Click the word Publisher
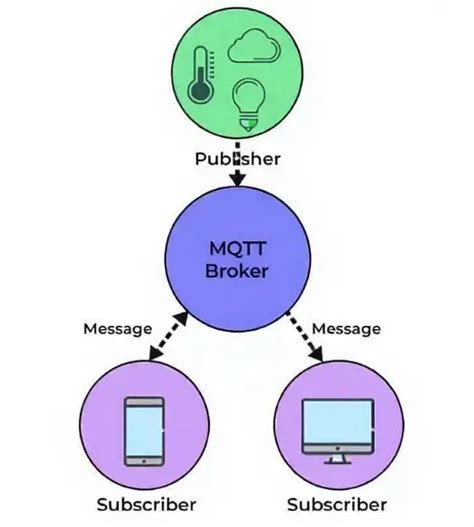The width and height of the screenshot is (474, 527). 237,157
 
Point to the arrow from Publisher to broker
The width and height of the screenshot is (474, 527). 237,176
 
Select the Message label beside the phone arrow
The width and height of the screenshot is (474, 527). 117,327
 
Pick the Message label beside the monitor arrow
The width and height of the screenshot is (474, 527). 347,327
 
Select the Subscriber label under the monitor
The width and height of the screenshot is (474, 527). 336,504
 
